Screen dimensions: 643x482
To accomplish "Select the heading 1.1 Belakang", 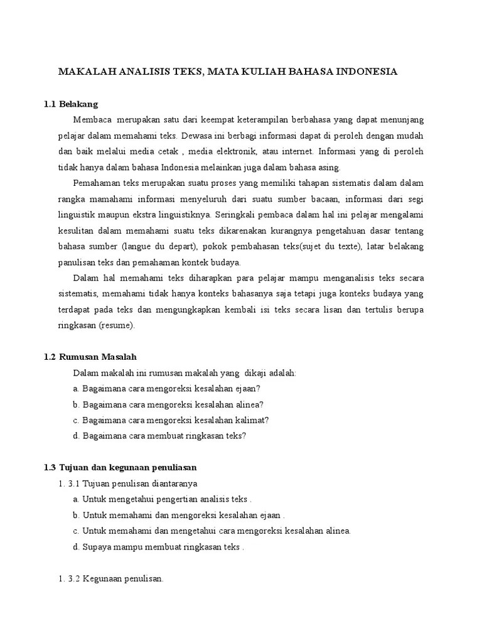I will pos(71,104).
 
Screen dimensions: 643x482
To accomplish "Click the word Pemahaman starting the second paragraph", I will pos(97,183).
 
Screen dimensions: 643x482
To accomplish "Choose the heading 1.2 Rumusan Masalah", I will pos(90,357).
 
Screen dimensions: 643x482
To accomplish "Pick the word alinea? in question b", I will pos(247,404).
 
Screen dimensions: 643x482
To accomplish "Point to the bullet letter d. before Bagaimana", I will pos(76,436).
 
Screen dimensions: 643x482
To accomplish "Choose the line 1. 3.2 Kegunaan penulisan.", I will pos(111,579).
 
